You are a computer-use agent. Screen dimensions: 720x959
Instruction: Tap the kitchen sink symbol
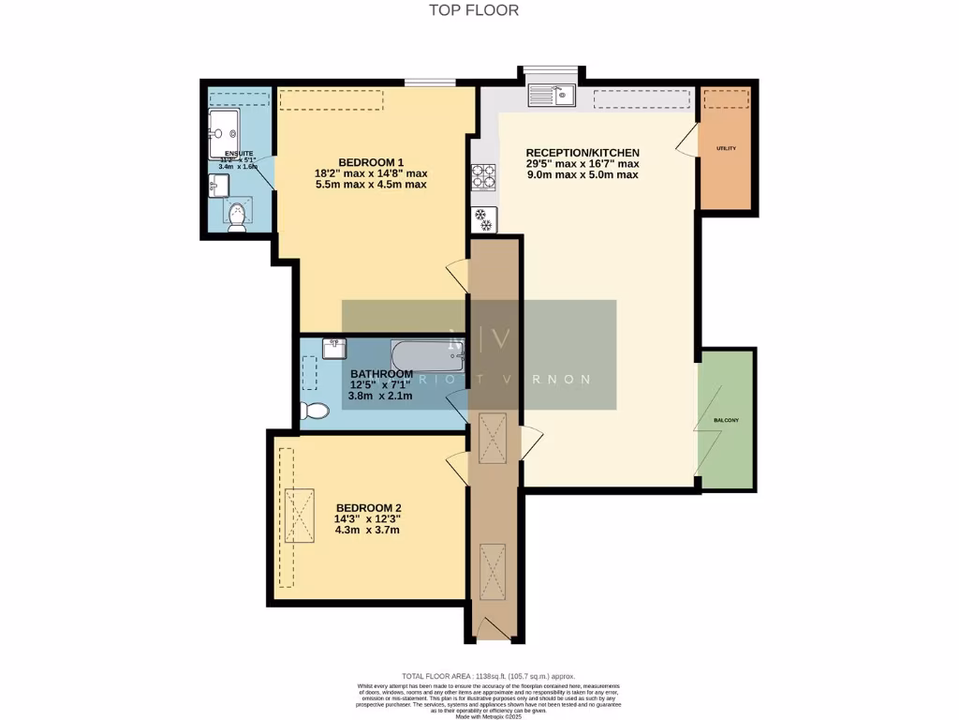pyautogui.click(x=551, y=96)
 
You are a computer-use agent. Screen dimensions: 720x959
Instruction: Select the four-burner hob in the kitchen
pyautogui.click(x=484, y=176)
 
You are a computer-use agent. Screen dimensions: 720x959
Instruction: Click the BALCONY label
pyautogui.click(x=726, y=420)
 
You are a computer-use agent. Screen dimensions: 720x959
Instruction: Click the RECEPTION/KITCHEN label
pyautogui.click(x=582, y=153)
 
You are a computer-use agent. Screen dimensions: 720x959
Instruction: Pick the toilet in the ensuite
pyautogui.click(x=238, y=217)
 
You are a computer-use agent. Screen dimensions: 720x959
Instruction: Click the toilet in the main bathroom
pyautogui.click(x=316, y=411)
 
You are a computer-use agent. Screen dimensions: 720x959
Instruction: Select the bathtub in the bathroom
pyautogui.click(x=427, y=355)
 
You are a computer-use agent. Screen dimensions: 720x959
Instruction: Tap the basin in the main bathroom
pyautogui.click(x=334, y=348)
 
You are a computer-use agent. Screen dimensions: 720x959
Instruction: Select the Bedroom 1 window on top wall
pyautogui.click(x=430, y=83)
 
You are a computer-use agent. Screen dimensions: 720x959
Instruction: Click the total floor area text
pyautogui.click(x=488, y=676)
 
